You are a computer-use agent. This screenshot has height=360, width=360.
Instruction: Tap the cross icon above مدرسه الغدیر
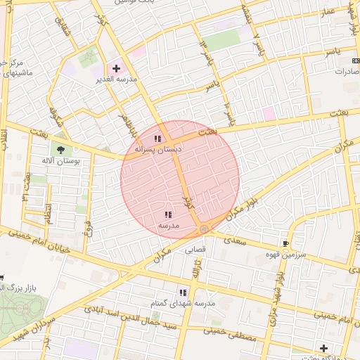116,68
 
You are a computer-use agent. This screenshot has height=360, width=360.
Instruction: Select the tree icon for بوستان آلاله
60,149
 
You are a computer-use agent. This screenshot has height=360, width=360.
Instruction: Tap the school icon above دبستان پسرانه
158,139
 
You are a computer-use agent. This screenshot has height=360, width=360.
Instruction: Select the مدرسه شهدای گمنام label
182,302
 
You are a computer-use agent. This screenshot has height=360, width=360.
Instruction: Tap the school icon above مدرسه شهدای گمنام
183,292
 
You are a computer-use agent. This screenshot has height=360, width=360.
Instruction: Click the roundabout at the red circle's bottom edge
204,229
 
